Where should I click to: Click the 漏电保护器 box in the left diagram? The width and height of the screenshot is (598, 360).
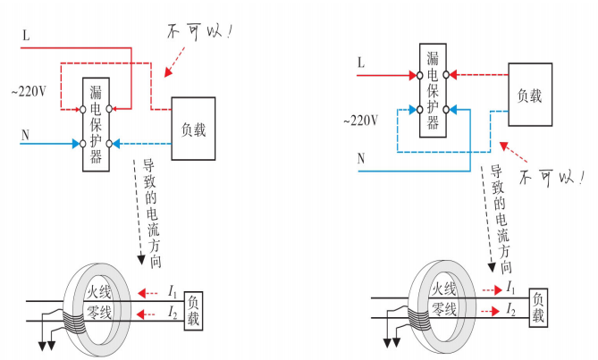(96, 125)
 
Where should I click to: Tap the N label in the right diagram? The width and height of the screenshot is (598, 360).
(361, 158)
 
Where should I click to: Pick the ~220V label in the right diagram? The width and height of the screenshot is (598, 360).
(359, 119)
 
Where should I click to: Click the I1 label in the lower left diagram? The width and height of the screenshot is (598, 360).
(173, 291)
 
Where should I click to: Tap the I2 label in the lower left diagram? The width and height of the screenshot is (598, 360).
(173, 312)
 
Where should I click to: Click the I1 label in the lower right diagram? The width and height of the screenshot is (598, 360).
(510, 289)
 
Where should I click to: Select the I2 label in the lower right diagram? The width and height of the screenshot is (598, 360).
(510, 310)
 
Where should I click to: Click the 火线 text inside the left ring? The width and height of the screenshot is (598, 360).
(97, 291)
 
